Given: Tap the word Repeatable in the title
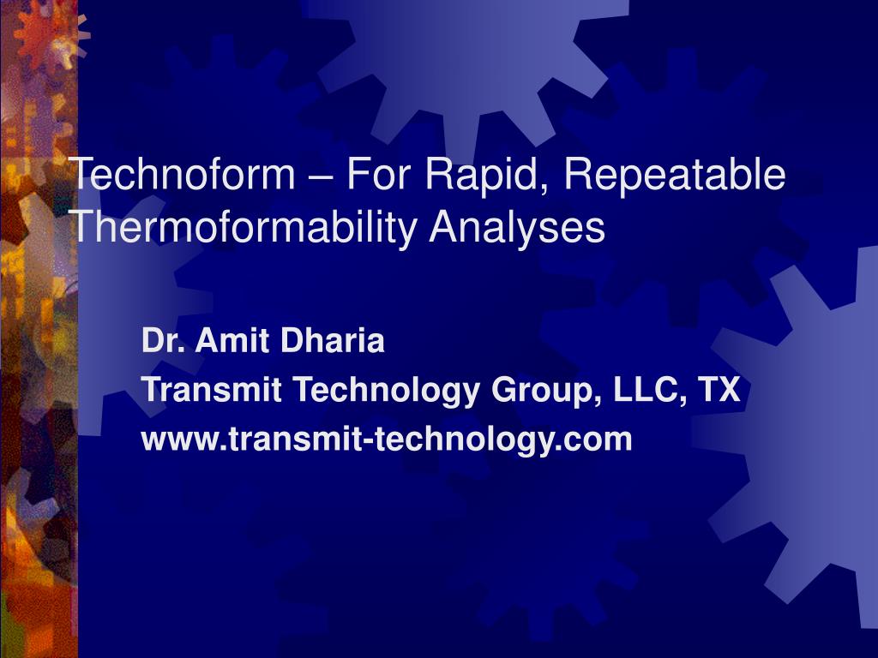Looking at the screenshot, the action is (x=675, y=176).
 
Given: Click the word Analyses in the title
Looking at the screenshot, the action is (x=517, y=228).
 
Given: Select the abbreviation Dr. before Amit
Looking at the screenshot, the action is (x=163, y=340).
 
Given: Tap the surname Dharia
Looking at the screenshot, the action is (x=332, y=340).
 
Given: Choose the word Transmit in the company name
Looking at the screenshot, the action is (x=211, y=389).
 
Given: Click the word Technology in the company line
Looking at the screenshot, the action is (x=386, y=391).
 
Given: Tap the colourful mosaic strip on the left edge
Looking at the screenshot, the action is (x=38, y=329).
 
